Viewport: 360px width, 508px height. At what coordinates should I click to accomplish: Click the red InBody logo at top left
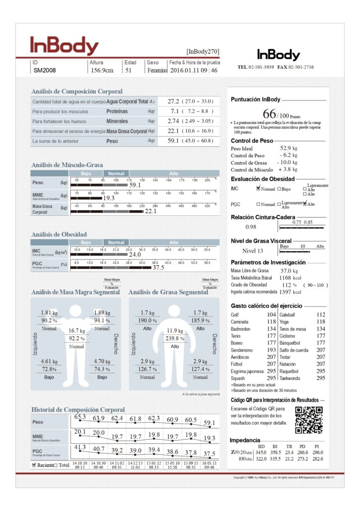(x=64, y=46)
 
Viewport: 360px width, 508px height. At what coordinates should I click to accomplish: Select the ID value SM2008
(x=45, y=70)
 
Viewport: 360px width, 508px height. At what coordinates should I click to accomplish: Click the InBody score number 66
(x=269, y=113)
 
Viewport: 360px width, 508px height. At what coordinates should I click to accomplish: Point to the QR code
(x=309, y=420)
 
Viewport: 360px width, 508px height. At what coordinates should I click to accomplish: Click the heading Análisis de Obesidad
(x=59, y=234)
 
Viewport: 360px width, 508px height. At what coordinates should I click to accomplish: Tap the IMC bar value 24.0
(x=135, y=254)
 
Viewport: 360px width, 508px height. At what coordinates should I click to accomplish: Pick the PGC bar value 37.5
(x=158, y=267)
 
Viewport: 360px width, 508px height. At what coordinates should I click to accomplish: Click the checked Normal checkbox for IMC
(x=258, y=189)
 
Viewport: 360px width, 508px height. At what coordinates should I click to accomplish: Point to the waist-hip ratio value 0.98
(x=251, y=227)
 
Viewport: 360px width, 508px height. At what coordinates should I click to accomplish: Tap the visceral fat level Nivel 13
(x=253, y=251)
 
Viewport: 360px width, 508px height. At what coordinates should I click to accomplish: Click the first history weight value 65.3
(x=80, y=417)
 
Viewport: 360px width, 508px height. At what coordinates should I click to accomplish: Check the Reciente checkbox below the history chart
(x=34, y=465)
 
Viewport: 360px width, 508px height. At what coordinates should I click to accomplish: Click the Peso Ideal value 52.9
(x=285, y=148)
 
